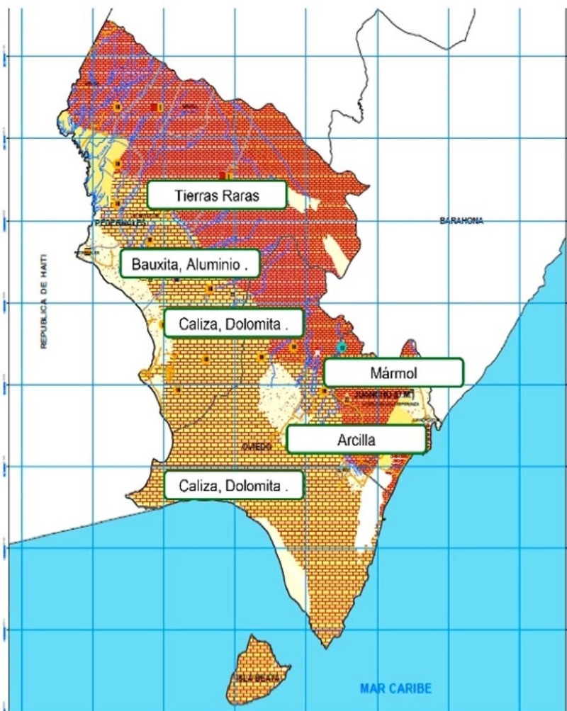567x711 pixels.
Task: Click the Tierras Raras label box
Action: [216, 195]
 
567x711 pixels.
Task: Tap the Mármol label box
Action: [393, 372]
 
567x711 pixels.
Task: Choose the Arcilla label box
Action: [357, 439]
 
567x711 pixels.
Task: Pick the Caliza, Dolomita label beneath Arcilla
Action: [234, 486]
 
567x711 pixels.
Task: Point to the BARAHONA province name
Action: [461, 221]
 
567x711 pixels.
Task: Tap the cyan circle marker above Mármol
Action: [342, 347]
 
